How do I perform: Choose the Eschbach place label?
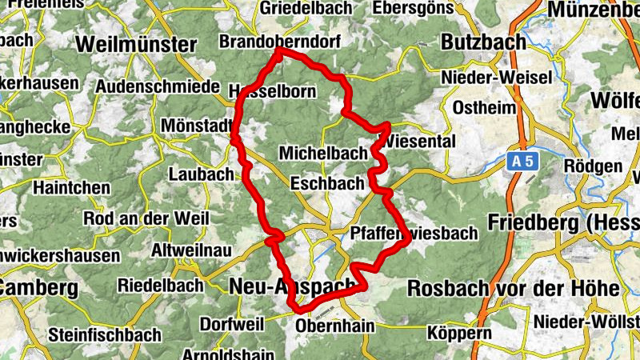pos(327,183)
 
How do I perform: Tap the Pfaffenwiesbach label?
pos(414,233)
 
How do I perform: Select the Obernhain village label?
pos(335,326)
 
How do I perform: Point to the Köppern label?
pos(459,331)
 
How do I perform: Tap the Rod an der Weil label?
pos(146,218)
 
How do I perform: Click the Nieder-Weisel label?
pos(496,78)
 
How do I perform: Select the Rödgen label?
pos(593,166)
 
